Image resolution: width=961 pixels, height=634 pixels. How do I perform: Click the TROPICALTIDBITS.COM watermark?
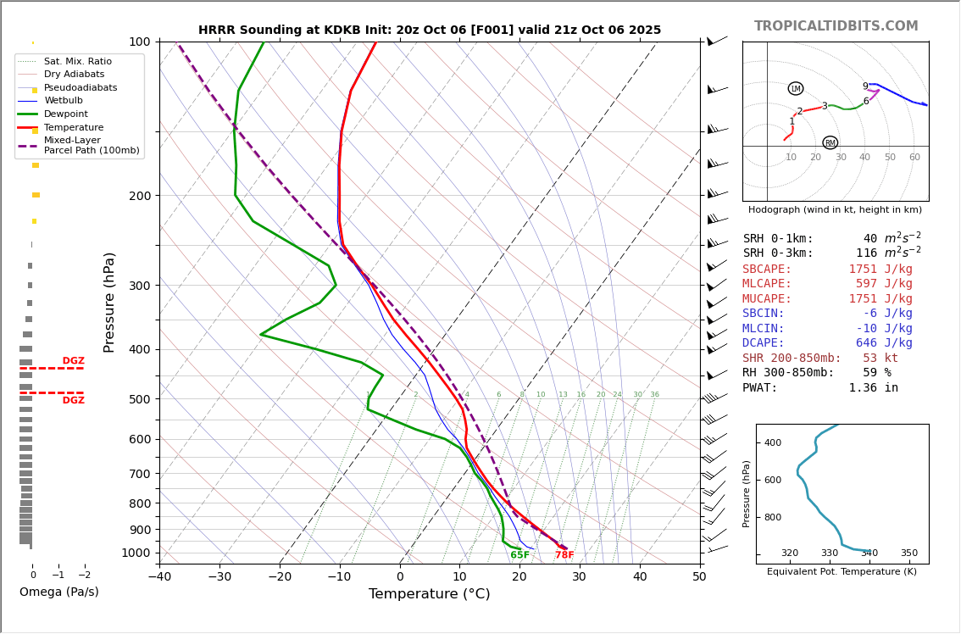click(836, 26)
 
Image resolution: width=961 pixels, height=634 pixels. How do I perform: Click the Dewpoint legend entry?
click(65, 114)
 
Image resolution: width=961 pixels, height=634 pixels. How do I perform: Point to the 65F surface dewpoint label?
click(519, 556)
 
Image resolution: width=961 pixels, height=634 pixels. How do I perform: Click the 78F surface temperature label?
click(564, 556)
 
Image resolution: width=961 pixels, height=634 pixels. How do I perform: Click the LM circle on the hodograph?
click(795, 89)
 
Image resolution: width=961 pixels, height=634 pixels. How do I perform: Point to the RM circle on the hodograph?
click(830, 143)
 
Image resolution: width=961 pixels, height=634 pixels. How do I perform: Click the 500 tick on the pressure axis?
click(138, 399)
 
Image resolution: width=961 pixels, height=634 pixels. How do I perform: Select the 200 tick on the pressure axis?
click(138, 196)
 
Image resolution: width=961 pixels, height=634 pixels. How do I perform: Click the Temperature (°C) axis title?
click(429, 594)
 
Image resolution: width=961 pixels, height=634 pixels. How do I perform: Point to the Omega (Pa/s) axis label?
click(58, 592)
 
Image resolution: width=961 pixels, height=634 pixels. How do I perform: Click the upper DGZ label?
click(73, 361)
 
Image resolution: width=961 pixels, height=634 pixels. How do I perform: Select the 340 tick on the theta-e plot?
click(869, 553)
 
